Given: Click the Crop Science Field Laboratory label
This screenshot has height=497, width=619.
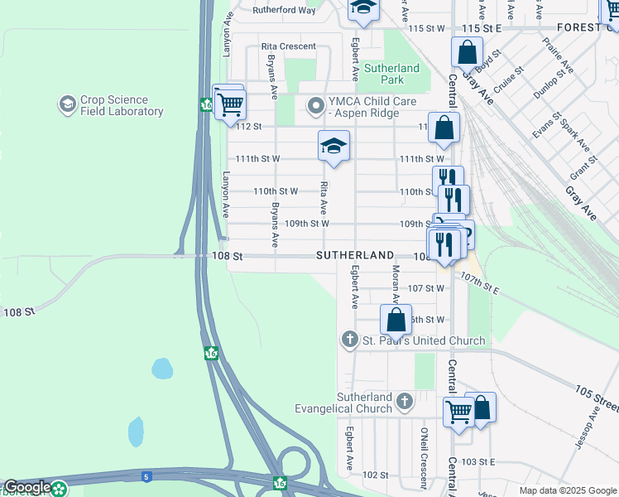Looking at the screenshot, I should coord(121,105).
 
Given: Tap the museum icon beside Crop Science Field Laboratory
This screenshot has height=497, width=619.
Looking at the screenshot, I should coord(67,104).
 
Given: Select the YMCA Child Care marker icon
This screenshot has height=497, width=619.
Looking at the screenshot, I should coord(314,105).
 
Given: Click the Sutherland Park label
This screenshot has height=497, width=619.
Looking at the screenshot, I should coord(392,74).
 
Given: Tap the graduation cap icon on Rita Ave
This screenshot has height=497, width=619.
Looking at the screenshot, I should coord(333,146).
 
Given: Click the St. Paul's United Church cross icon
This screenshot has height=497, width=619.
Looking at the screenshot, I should coord(349,340).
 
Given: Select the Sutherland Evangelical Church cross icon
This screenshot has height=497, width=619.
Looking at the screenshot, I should coord(405,402).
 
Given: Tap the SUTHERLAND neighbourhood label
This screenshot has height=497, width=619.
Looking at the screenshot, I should coord(355,256).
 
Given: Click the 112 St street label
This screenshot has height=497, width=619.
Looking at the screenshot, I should coord(248,127).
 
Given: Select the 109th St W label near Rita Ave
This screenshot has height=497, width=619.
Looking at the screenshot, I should coord(307,224).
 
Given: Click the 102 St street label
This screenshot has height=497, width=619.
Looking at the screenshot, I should coord(375,475).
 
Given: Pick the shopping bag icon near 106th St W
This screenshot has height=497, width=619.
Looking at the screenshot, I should coord(396,318).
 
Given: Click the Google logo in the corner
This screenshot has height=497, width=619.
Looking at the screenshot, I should coord(27,488).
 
